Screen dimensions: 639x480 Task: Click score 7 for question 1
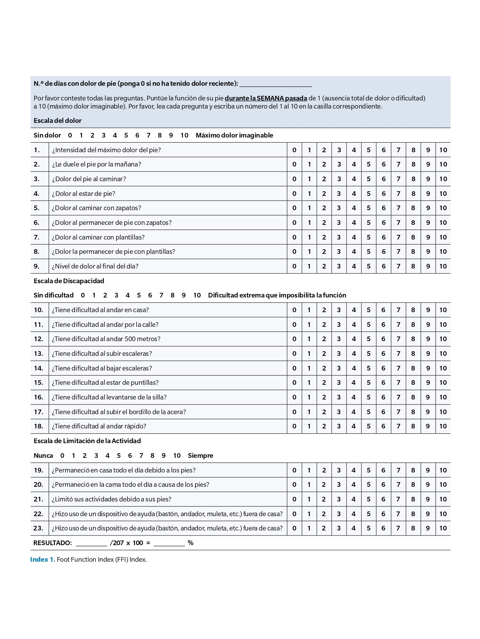[398, 150]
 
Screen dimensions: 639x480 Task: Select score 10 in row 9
[443, 266]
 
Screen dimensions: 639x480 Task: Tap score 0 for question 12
[294, 339]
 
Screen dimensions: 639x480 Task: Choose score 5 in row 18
[369, 426]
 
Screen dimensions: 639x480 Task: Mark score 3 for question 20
[339, 484]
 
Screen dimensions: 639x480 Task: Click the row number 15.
[39, 382]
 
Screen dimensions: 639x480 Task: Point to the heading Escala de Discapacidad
[69, 281]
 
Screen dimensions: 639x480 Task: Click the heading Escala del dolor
[58, 121]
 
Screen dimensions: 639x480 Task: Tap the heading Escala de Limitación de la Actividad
[87, 441]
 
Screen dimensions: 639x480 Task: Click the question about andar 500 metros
[106, 339]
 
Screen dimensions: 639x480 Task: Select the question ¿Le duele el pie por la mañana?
[96, 164]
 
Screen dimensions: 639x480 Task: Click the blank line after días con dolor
[275, 84]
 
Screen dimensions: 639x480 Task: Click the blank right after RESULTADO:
[91, 544]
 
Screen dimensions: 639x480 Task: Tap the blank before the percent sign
[169, 544]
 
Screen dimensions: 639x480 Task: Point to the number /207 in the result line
[117, 543]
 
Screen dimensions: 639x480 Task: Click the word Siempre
[200, 455]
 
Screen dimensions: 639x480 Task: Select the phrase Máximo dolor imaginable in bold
[234, 135]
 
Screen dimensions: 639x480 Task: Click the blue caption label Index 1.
[43, 559]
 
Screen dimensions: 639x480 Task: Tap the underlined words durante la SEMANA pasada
[266, 98]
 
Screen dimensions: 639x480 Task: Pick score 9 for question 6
[428, 223]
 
